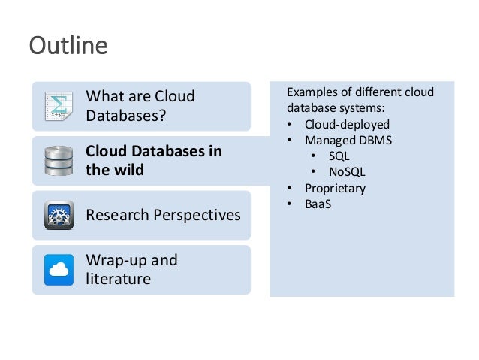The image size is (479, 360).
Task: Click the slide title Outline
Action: (68, 47)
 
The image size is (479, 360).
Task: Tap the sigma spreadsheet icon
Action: (58, 106)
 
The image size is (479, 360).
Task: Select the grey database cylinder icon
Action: (58, 160)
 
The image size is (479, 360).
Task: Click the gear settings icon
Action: (58, 216)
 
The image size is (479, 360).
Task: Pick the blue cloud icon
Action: (58, 270)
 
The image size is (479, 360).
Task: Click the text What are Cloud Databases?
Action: (140, 106)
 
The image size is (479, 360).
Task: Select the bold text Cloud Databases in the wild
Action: (154, 160)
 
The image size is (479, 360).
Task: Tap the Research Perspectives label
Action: (163, 216)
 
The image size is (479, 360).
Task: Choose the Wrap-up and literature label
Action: (132, 270)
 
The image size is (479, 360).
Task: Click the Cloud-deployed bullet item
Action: (347, 125)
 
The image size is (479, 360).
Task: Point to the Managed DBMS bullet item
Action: (348, 141)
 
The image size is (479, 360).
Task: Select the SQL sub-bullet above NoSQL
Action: (339, 156)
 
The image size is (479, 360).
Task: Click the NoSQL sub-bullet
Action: (347, 172)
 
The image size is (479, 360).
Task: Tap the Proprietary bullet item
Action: (335, 188)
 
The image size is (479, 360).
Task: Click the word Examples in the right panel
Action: (312, 93)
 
